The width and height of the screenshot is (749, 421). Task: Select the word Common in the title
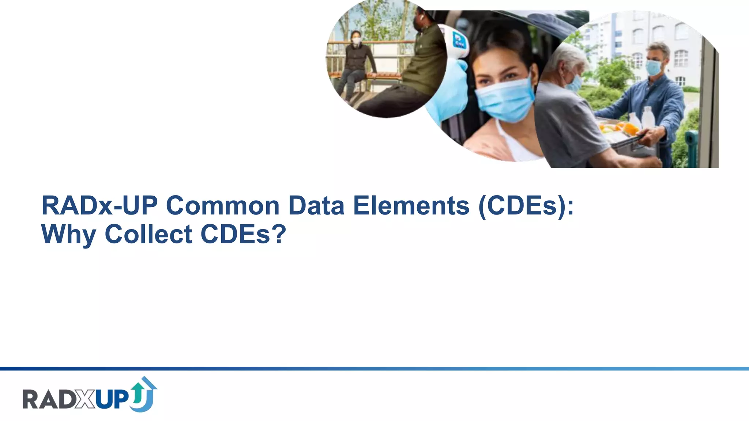223,206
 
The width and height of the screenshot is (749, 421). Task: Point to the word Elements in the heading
411,206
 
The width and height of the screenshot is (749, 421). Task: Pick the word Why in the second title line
68,235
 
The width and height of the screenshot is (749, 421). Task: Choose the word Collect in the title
148,234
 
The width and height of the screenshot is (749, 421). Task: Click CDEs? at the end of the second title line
243,234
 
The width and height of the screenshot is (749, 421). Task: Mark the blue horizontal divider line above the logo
374,368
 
